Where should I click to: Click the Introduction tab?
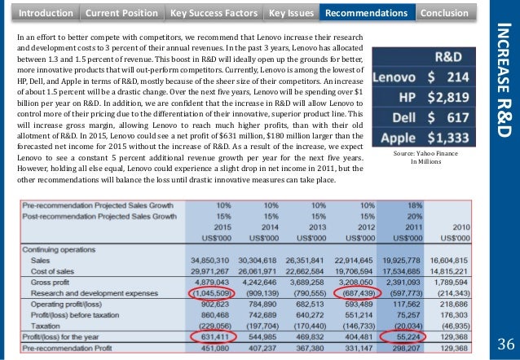click(x=45, y=13)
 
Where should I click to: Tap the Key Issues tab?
click(x=289, y=13)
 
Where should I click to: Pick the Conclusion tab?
click(x=445, y=13)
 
